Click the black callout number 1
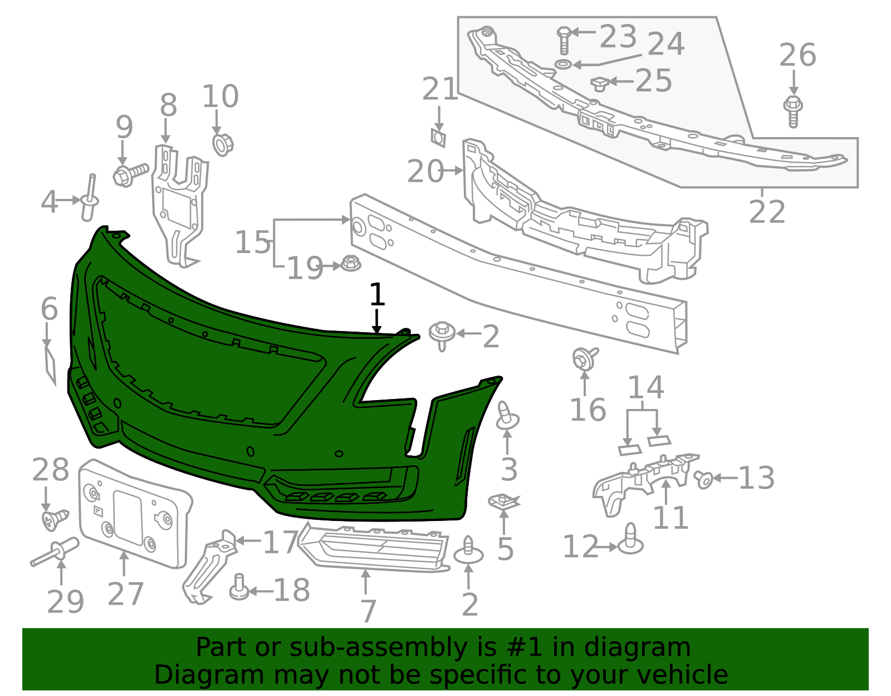coord(377,294)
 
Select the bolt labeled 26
coord(793,111)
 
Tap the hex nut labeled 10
coord(223,144)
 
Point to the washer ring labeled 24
coord(564,64)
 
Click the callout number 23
coord(618,36)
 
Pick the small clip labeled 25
coord(600,84)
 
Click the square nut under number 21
coord(438,138)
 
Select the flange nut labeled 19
coord(351,264)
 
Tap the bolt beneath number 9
coord(130,175)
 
